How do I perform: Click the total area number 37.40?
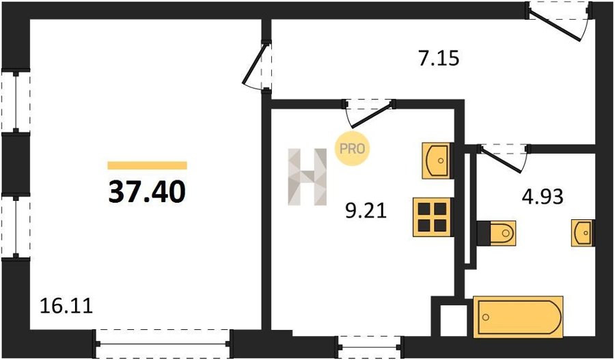[x=147, y=193]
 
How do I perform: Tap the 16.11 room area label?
[x=67, y=306]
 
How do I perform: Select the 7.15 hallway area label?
[x=439, y=59]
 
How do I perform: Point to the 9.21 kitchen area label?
[x=366, y=211]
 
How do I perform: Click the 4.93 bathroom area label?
[x=543, y=197]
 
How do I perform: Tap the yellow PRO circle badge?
[x=352, y=149]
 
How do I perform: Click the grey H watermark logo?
[x=307, y=177]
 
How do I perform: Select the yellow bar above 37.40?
[x=147, y=165]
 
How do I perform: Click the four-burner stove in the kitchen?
[x=432, y=217]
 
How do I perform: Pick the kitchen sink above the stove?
[x=436, y=161]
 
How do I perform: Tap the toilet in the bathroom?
[x=496, y=234]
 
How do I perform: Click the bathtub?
[x=518, y=317]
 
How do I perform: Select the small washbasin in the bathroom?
[x=582, y=233]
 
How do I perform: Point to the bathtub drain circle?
[x=487, y=317]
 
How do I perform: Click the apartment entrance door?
[x=558, y=20]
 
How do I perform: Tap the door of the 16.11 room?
[x=258, y=67]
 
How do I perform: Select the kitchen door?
[x=370, y=113]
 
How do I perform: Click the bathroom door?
[x=504, y=158]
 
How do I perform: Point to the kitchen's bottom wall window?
[x=370, y=347]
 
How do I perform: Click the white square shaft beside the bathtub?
[x=454, y=320]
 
